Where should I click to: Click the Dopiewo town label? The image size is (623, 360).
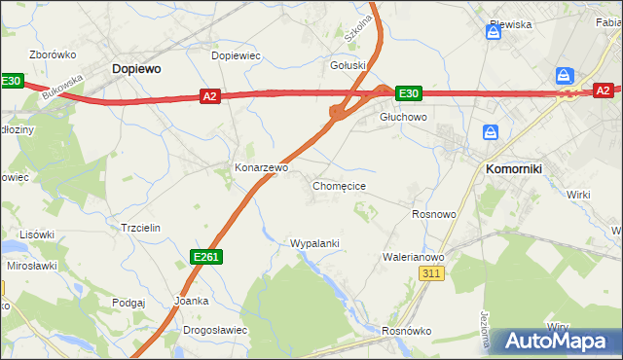[136, 69]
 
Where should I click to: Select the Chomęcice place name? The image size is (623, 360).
[339, 185]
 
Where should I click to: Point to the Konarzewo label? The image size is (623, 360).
[261, 167]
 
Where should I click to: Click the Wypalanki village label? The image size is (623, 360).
[314, 243]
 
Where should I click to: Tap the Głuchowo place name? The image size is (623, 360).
[403, 117]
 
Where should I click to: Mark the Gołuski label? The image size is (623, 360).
[348, 66]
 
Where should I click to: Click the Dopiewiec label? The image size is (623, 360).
[236, 55]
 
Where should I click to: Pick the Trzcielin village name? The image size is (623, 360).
[140, 227]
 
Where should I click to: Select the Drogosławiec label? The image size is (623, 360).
[215, 330]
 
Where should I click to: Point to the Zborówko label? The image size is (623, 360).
[53, 54]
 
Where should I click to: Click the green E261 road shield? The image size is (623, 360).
[205, 256]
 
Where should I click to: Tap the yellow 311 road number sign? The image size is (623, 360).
[433, 274]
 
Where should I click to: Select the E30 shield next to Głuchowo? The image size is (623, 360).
[408, 93]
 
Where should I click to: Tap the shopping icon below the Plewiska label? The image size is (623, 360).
[494, 32]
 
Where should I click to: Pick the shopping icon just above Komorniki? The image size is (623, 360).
[491, 131]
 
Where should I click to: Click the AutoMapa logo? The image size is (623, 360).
[555, 342]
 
